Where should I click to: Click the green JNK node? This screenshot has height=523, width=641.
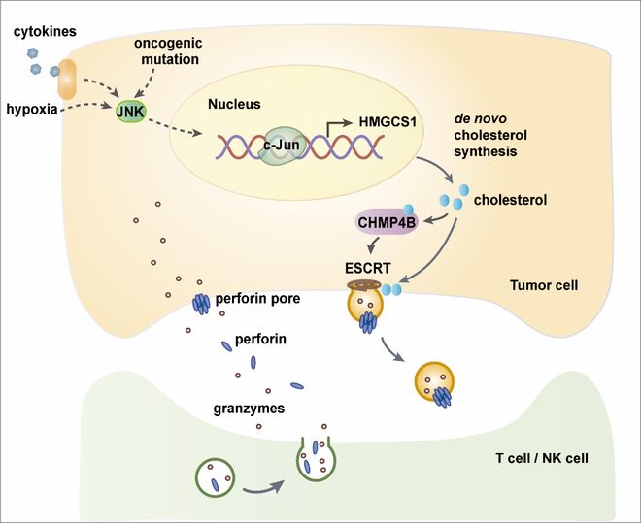[x=130, y=112]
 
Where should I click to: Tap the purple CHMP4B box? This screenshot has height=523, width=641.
[x=387, y=222]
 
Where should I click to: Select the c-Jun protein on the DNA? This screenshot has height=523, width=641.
[x=282, y=146]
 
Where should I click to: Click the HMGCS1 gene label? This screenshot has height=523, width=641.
[x=388, y=121]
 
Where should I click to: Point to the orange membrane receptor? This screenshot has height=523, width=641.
[x=67, y=80]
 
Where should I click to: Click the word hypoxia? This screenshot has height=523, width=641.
[x=32, y=109]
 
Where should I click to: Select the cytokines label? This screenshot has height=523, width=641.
[x=45, y=31]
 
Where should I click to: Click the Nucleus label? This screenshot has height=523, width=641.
[x=234, y=104]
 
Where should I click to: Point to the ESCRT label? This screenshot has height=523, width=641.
[x=367, y=268]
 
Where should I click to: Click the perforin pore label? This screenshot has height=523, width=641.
[x=257, y=299]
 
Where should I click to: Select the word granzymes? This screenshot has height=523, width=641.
[x=249, y=409]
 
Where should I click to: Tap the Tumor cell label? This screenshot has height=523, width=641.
[x=544, y=285]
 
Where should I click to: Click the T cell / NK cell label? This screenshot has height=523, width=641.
[x=542, y=458]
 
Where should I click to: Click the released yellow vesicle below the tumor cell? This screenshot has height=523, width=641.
[x=434, y=382]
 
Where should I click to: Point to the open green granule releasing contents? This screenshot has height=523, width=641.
[x=317, y=459]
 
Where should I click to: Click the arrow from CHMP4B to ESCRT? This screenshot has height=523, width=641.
[x=373, y=245]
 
